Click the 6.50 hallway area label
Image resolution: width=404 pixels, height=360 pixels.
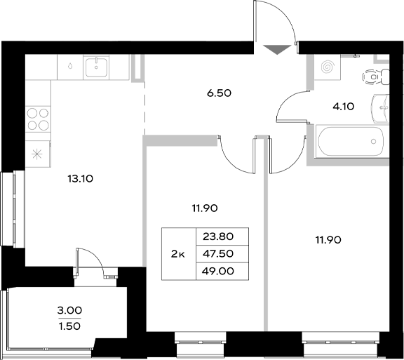click(219, 92)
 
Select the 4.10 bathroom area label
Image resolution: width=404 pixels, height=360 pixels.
click(344, 107)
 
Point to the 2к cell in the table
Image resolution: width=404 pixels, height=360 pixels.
click(178, 253)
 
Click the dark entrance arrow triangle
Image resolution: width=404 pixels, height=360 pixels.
click(278, 49)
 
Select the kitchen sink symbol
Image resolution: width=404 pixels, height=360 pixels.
click(96, 67)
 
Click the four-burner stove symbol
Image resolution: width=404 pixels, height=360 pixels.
click(38, 119)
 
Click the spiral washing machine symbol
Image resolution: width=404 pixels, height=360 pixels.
click(327, 68)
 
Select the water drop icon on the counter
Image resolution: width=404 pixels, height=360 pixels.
click(71, 65)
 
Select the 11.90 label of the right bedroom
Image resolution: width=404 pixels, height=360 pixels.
click(328, 239)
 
